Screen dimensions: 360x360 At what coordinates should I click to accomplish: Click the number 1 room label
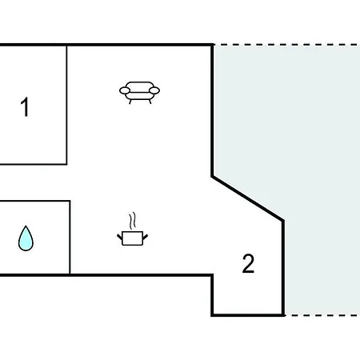pyautogui.click(x=25, y=106)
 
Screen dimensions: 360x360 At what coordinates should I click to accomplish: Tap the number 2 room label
pyautogui.click(x=248, y=263)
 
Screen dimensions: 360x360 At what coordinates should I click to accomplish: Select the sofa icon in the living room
pyautogui.click(x=139, y=93)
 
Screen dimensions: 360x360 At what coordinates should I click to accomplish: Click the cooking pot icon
pyautogui.click(x=133, y=230)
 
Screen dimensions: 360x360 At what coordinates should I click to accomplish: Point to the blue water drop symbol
pyautogui.click(x=26, y=238)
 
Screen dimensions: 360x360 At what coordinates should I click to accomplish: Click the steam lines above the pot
pyautogui.click(x=133, y=221)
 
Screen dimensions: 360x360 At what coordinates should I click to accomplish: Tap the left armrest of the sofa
pyautogui.click(x=125, y=90)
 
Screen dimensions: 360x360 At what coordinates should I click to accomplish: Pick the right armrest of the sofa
pyautogui.click(x=154, y=90)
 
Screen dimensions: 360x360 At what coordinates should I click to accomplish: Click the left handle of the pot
pyautogui.click(x=120, y=237)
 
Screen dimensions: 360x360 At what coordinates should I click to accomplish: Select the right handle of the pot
pyautogui.click(x=146, y=237)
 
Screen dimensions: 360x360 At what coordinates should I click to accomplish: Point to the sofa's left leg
pyautogui.click(x=130, y=102)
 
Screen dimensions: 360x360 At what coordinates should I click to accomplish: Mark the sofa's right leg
pyautogui.click(x=150, y=102)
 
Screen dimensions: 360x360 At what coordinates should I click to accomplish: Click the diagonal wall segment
pyautogui.click(x=247, y=198)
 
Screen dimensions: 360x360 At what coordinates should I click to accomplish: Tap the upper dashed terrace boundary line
pyautogui.click(x=286, y=45)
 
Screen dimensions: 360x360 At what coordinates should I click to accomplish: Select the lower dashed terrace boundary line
pyautogui.click(x=322, y=315)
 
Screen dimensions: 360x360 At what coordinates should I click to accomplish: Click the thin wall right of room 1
pyautogui.click(x=66, y=105)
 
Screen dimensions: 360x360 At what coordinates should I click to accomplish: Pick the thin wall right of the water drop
pyautogui.click(x=70, y=238)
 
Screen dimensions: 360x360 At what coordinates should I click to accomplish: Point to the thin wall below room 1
pyautogui.click(x=34, y=164)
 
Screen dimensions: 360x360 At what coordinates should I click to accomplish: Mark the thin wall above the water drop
pyautogui.click(x=35, y=201)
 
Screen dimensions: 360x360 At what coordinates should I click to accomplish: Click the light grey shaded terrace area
pyautogui.click(x=320, y=160)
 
